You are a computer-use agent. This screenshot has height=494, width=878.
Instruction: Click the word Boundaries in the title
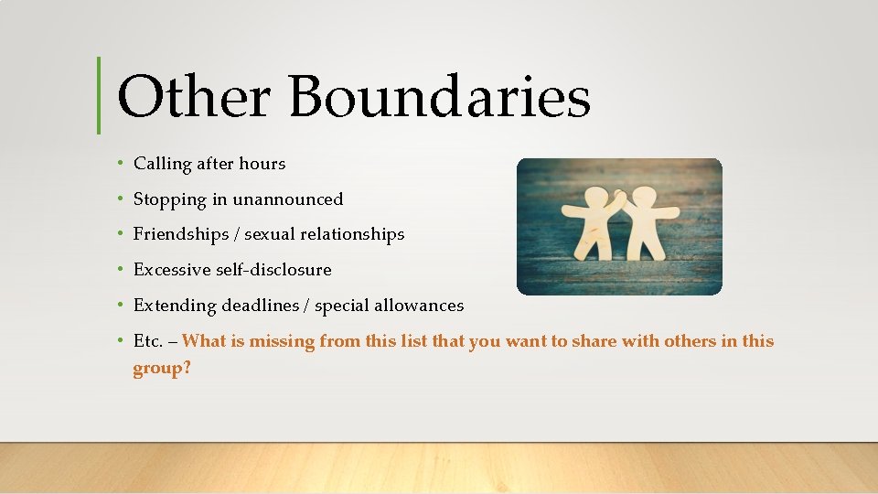tap(440, 97)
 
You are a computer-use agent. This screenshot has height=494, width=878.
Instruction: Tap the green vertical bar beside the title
tap(99, 95)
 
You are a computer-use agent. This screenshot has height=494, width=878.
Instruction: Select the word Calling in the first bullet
tap(162, 165)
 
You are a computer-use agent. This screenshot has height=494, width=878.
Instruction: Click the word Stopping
tap(167, 199)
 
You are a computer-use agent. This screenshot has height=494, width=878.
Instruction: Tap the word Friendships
tap(181, 234)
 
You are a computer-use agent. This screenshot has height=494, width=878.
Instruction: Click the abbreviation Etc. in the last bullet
tap(146, 341)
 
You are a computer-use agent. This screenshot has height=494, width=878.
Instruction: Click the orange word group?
tap(162, 369)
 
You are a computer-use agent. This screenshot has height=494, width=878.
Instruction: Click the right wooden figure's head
tap(646, 197)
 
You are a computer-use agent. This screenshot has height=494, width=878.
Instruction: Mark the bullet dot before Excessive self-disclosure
tap(121, 270)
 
